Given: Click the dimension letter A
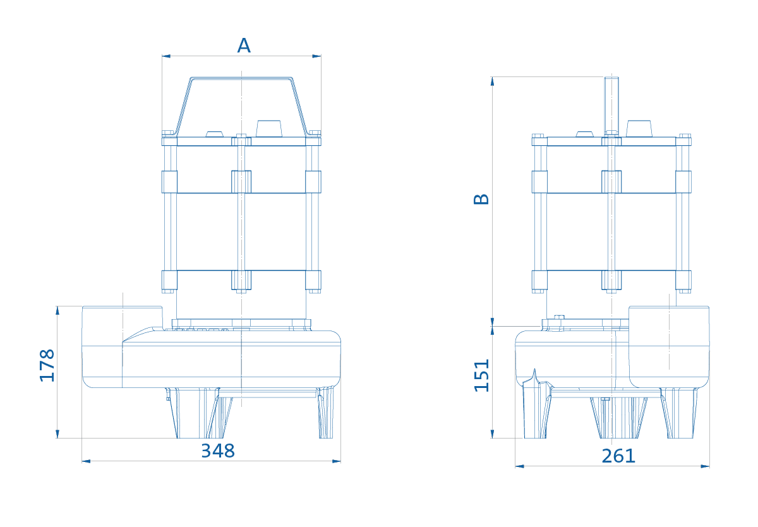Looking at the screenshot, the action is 244,45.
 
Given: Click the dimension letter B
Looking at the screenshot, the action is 481,199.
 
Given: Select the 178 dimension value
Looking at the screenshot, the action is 47,365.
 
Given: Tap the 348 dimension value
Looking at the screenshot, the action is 218,451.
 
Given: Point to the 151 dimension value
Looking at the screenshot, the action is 481,376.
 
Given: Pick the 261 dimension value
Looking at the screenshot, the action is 618,456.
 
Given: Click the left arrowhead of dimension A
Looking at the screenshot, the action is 166,56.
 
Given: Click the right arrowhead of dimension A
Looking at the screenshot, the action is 316,56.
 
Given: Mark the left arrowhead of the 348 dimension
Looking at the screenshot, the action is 87,461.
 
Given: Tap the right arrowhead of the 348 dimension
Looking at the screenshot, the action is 336,461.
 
